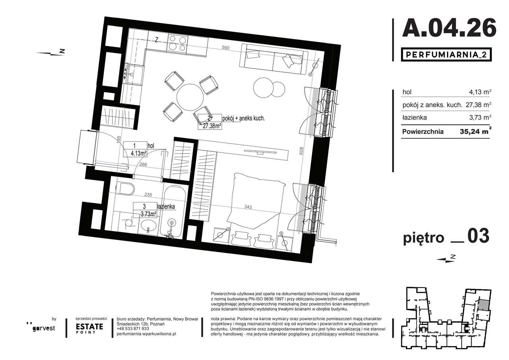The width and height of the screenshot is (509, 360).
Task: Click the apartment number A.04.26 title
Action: (449, 28)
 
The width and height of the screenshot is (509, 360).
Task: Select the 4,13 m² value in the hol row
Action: (480, 92)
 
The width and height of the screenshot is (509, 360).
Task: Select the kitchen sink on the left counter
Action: (132, 74)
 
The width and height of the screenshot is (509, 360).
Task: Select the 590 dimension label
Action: (225, 48)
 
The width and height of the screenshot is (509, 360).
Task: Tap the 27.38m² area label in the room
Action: (210, 125)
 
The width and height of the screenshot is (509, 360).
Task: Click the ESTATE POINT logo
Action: (89, 328)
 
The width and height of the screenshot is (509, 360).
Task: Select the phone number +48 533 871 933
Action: (133, 329)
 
